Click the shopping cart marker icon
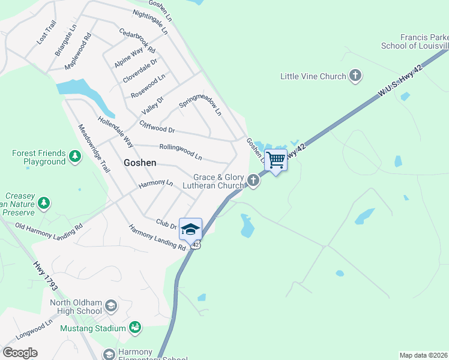coord(276,160)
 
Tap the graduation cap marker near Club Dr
coord(190,229)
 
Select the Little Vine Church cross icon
coord(355,76)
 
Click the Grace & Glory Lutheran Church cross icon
coord(254,180)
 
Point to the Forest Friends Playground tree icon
coord(74,157)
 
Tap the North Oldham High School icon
coord(110,307)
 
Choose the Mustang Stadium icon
coord(135,328)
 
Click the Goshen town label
coord(140,163)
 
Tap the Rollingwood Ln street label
coord(180,151)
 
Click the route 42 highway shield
coord(196,245)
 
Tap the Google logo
coord(20,353)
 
